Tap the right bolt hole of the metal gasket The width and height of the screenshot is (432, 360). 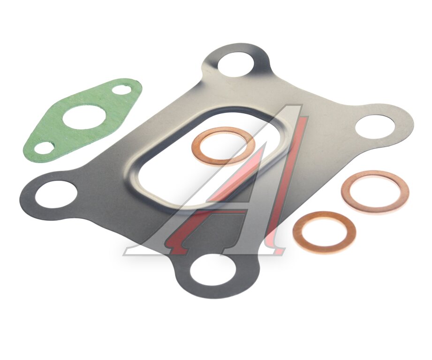[x=375, y=127]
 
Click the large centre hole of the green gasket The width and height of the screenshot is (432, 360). [x=83, y=118]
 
